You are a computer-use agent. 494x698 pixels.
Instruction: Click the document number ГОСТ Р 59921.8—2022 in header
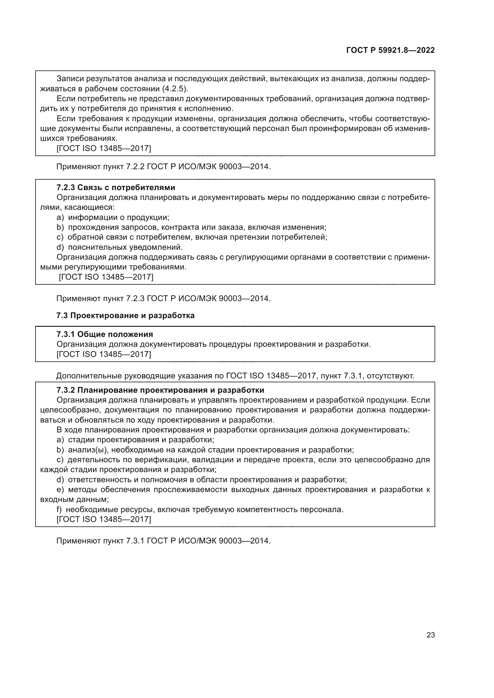click(x=390, y=50)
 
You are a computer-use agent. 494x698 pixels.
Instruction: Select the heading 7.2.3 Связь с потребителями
click(x=116, y=187)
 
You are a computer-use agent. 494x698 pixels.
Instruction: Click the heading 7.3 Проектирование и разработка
click(x=125, y=315)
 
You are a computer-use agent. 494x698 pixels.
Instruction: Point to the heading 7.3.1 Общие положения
click(x=105, y=335)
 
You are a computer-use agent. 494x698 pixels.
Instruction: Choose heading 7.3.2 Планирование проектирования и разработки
click(x=160, y=390)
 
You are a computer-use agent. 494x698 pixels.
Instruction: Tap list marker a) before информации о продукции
click(x=60, y=217)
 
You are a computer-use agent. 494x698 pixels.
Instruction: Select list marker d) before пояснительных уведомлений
click(x=60, y=247)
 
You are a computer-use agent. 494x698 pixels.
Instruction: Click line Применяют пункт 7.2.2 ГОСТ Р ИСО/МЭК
click(x=163, y=167)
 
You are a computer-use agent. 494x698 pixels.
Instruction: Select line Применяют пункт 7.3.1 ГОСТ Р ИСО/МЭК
click(x=163, y=541)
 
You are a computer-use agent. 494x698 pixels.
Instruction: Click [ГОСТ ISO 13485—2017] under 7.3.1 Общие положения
click(x=104, y=354)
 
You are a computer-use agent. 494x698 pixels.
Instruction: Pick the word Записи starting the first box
click(x=70, y=79)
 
